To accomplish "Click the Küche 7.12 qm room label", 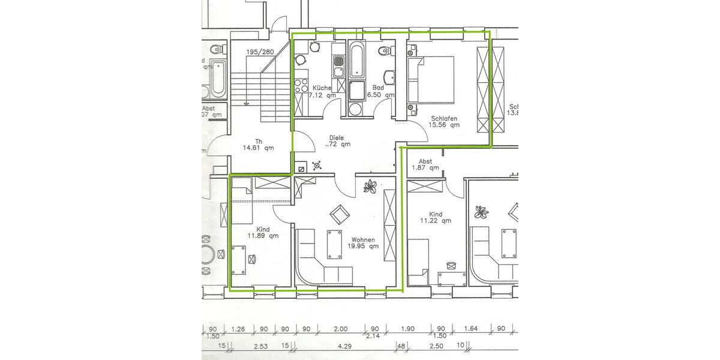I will pyautogui.click(x=322, y=91).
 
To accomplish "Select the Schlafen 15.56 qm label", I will pyautogui.click(x=445, y=122).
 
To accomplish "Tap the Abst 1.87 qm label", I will pyautogui.click(x=425, y=164).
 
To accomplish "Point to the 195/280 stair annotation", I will pyautogui.click(x=260, y=52).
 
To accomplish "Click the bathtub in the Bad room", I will pyautogui.click(x=356, y=61).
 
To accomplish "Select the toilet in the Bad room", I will pyautogui.click(x=383, y=52).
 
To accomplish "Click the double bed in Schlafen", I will pyautogui.click(x=432, y=79).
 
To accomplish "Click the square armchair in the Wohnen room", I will pyautogui.click(x=340, y=213).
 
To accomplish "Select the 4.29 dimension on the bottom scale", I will pyautogui.click(x=344, y=346).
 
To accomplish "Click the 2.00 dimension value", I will pyautogui.click(x=341, y=329).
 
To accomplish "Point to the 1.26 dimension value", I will pyautogui.click(x=239, y=329).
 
